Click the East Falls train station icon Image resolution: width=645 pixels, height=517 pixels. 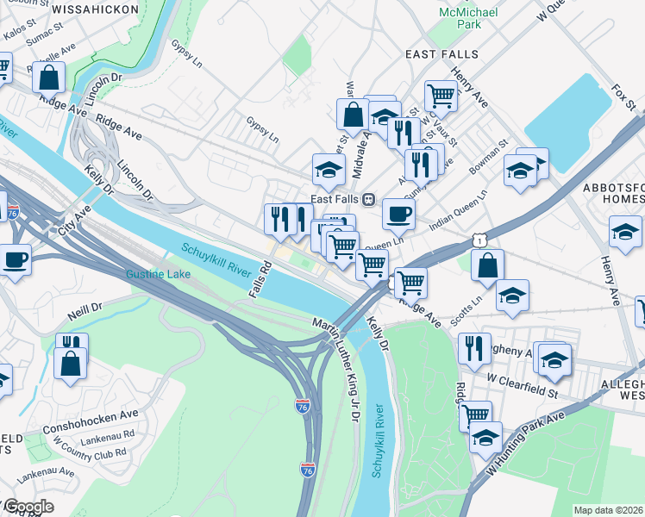click(368, 199)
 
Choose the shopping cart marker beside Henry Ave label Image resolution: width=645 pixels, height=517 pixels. click(441, 96)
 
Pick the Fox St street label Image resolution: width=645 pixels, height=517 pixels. click(624, 97)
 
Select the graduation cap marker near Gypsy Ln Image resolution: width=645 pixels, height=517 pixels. click(328, 171)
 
